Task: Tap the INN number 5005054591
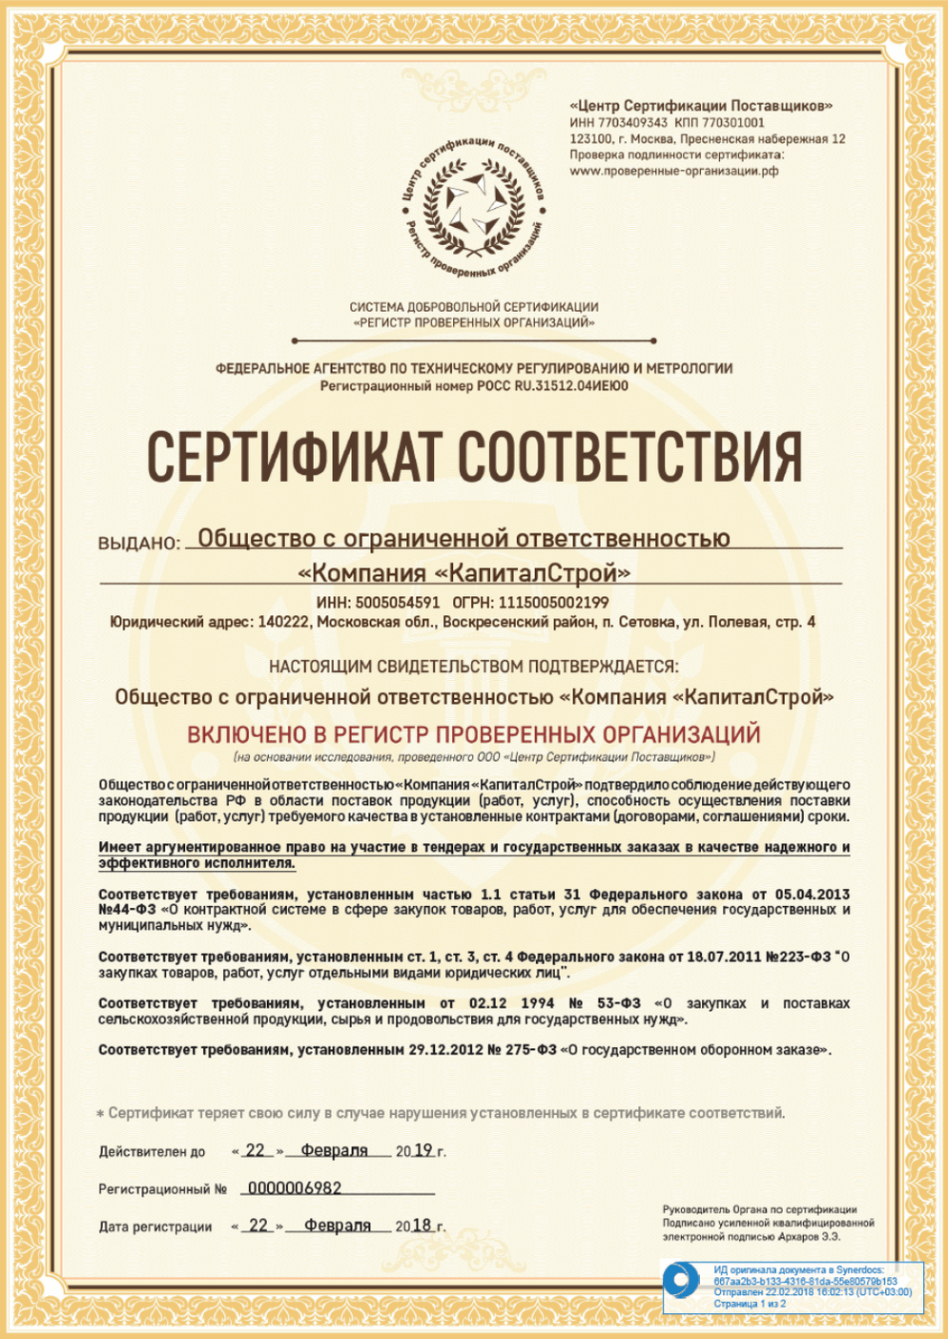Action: click(x=397, y=603)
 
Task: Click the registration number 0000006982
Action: click(x=294, y=1188)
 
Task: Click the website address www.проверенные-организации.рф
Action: click(x=673, y=172)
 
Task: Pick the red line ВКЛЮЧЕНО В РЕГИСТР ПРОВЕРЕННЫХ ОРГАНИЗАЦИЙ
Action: click(x=474, y=734)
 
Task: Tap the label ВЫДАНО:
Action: click(x=139, y=544)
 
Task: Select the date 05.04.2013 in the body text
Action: click(x=811, y=895)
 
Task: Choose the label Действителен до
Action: click(x=152, y=1152)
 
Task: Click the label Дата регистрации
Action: click(x=155, y=1226)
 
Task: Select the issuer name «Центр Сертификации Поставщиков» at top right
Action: click(x=700, y=107)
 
